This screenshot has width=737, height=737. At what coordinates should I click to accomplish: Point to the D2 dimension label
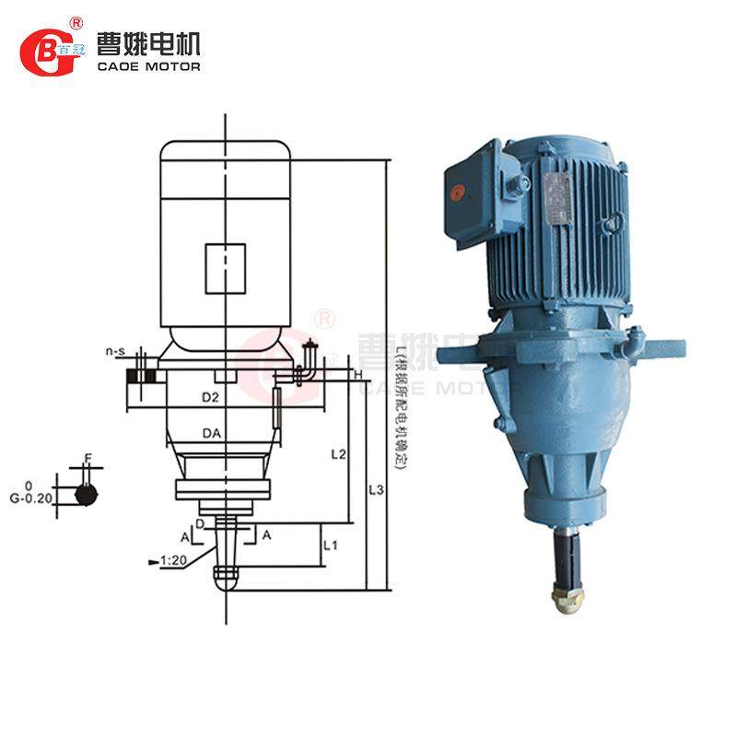click(210, 397)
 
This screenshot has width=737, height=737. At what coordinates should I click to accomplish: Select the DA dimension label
click(210, 432)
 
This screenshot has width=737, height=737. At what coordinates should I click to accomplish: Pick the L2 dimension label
click(338, 454)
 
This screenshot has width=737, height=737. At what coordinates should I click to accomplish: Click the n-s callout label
click(115, 352)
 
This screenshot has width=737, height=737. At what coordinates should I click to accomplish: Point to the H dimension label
click(357, 375)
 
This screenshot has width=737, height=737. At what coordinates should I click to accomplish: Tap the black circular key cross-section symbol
click(86, 494)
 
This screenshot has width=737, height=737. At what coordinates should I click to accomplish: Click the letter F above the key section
click(88, 457)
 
